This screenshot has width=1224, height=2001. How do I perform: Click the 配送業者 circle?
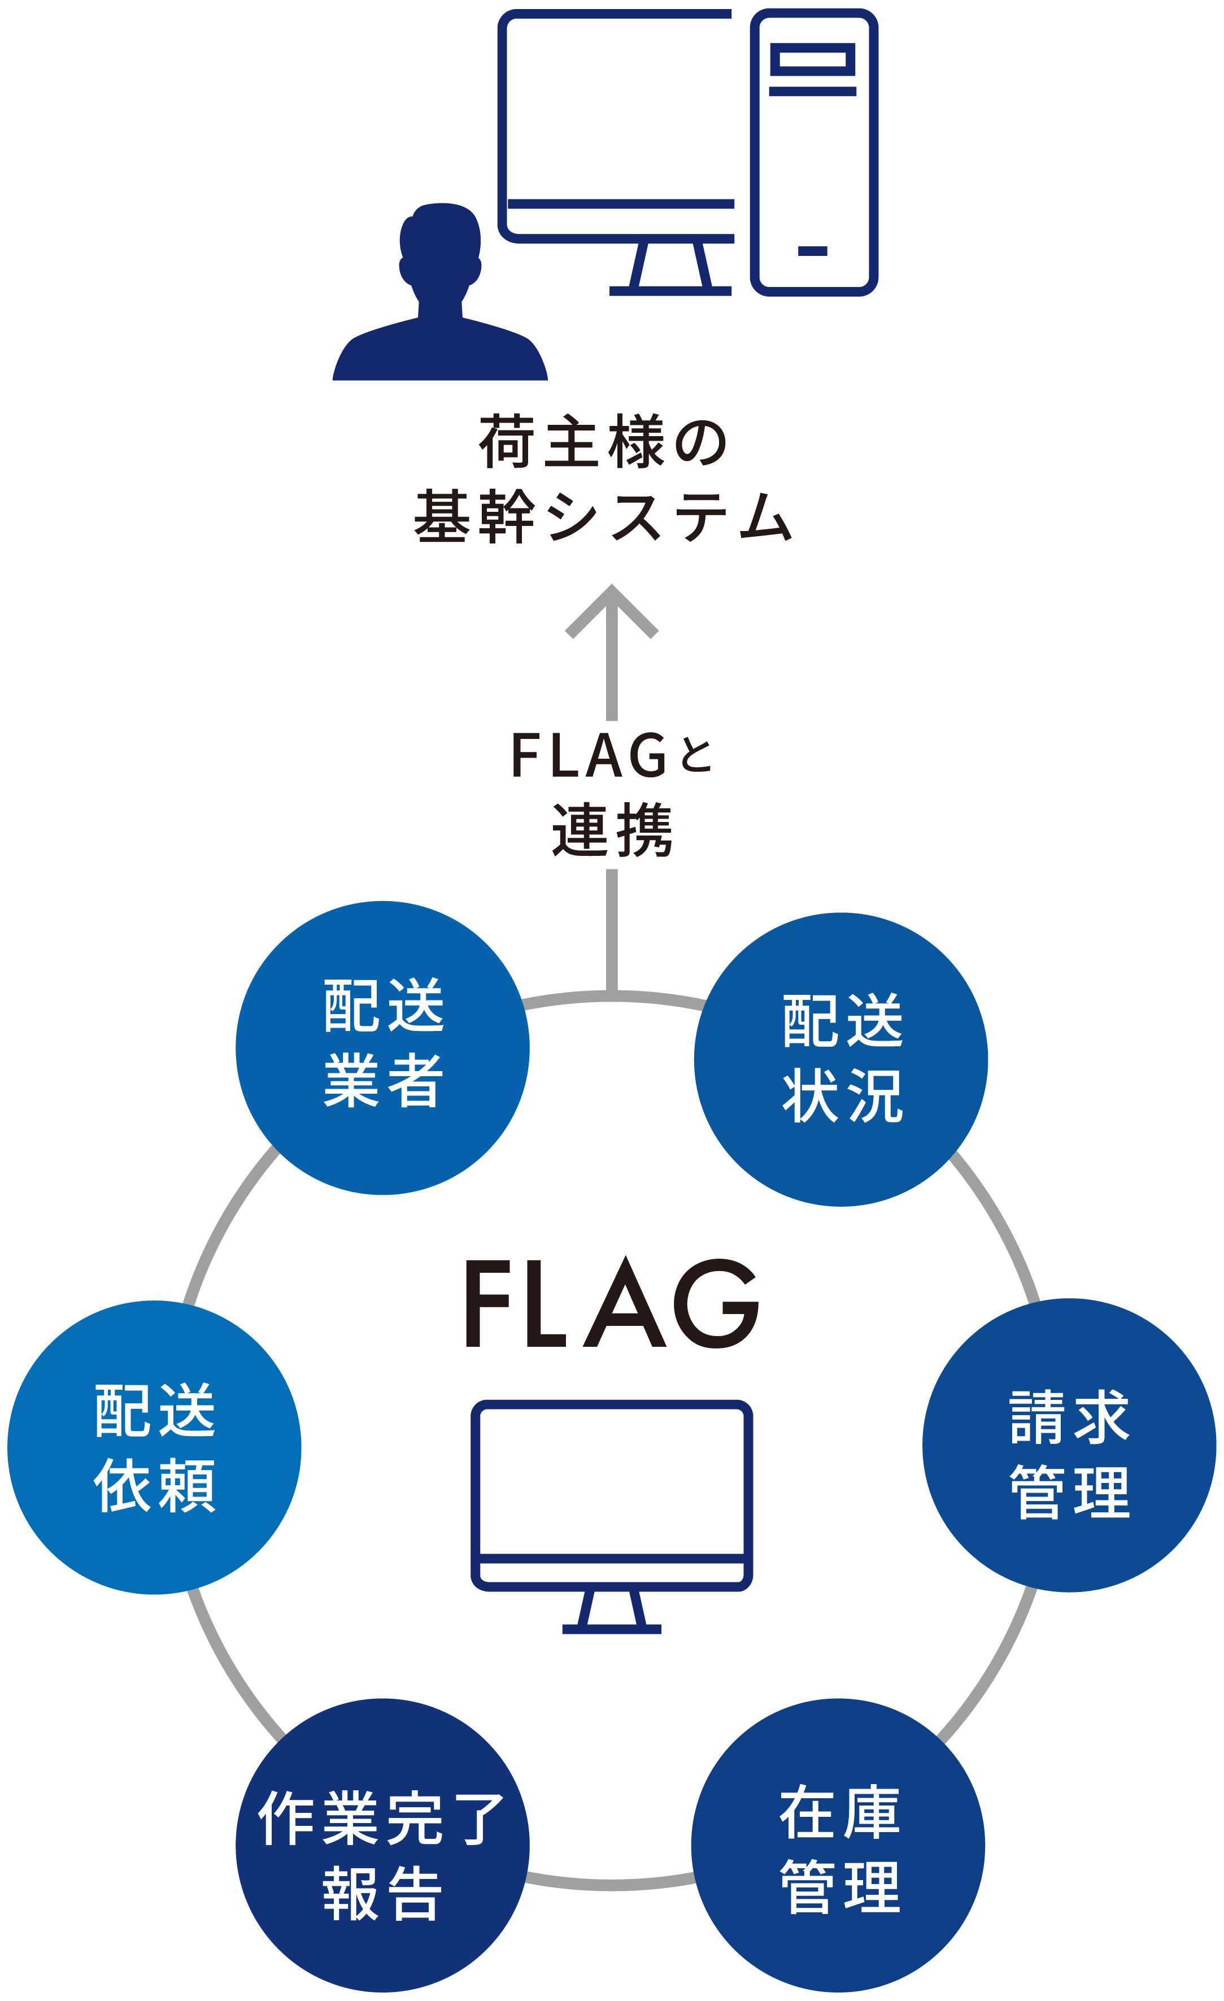coord(382,1047)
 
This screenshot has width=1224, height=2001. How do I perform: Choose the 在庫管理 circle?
coord(838,1845)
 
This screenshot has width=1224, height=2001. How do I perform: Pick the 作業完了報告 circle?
coord(382,1845)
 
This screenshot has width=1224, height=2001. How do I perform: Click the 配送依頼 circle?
coord(154,1447)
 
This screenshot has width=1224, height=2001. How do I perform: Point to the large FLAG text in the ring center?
coord(612,1304)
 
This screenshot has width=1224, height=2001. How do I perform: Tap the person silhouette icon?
coord(440,301)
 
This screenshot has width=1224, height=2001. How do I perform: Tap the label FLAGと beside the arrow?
coord(612,755)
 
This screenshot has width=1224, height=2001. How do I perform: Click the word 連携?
coord(612,830)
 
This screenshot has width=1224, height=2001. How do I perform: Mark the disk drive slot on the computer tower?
coord(813,59)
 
